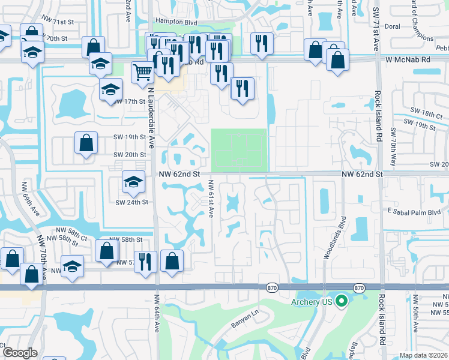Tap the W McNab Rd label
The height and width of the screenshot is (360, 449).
click(409, 60)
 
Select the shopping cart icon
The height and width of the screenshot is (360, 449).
click(142, 72)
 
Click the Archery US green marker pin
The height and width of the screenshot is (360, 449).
click(342, 301)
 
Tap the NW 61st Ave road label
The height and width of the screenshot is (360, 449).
click(211, 199)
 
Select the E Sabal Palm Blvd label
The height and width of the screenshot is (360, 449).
click(414, 212)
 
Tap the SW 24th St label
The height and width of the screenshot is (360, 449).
click(131, 202)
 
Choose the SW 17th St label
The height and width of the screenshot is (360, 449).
click(130, 101)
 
